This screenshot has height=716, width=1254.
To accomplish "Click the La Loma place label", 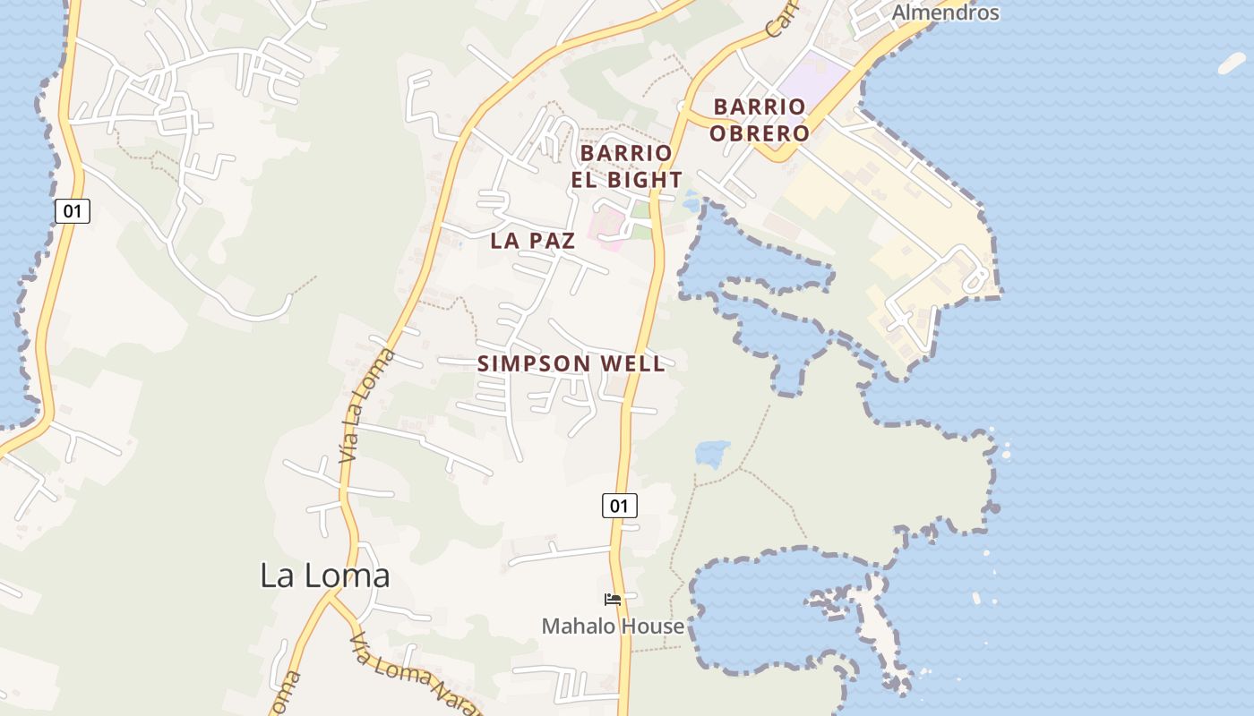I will (x=324, y=575).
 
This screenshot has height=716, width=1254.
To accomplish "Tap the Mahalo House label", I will (x=613, y=626).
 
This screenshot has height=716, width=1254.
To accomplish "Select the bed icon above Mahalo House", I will (x=613, y=599).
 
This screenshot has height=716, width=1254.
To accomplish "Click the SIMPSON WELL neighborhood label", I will (x=571, y=363).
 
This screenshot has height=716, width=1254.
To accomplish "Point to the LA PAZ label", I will (x=533, y=240).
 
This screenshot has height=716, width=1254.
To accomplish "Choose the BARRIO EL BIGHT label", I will (x=627, y=166).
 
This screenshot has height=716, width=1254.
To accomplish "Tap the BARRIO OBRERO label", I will (x=760, y=120).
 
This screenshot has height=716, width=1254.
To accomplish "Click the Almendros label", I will (x=945, y=13).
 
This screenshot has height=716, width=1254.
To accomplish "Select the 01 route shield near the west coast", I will (x=72, y=211).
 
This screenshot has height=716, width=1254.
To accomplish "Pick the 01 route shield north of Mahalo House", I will (x=619, y=506).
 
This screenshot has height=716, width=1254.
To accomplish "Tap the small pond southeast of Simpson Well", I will (x=712, y=452).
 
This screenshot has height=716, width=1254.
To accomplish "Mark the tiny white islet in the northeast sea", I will (x=1232, y=63).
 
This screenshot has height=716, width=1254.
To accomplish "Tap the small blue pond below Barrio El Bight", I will (x=691, y=200).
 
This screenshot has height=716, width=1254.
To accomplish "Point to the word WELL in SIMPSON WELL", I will (x=631, y=363).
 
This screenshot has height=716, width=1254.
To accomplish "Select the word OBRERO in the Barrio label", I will (x=760, y=133).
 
